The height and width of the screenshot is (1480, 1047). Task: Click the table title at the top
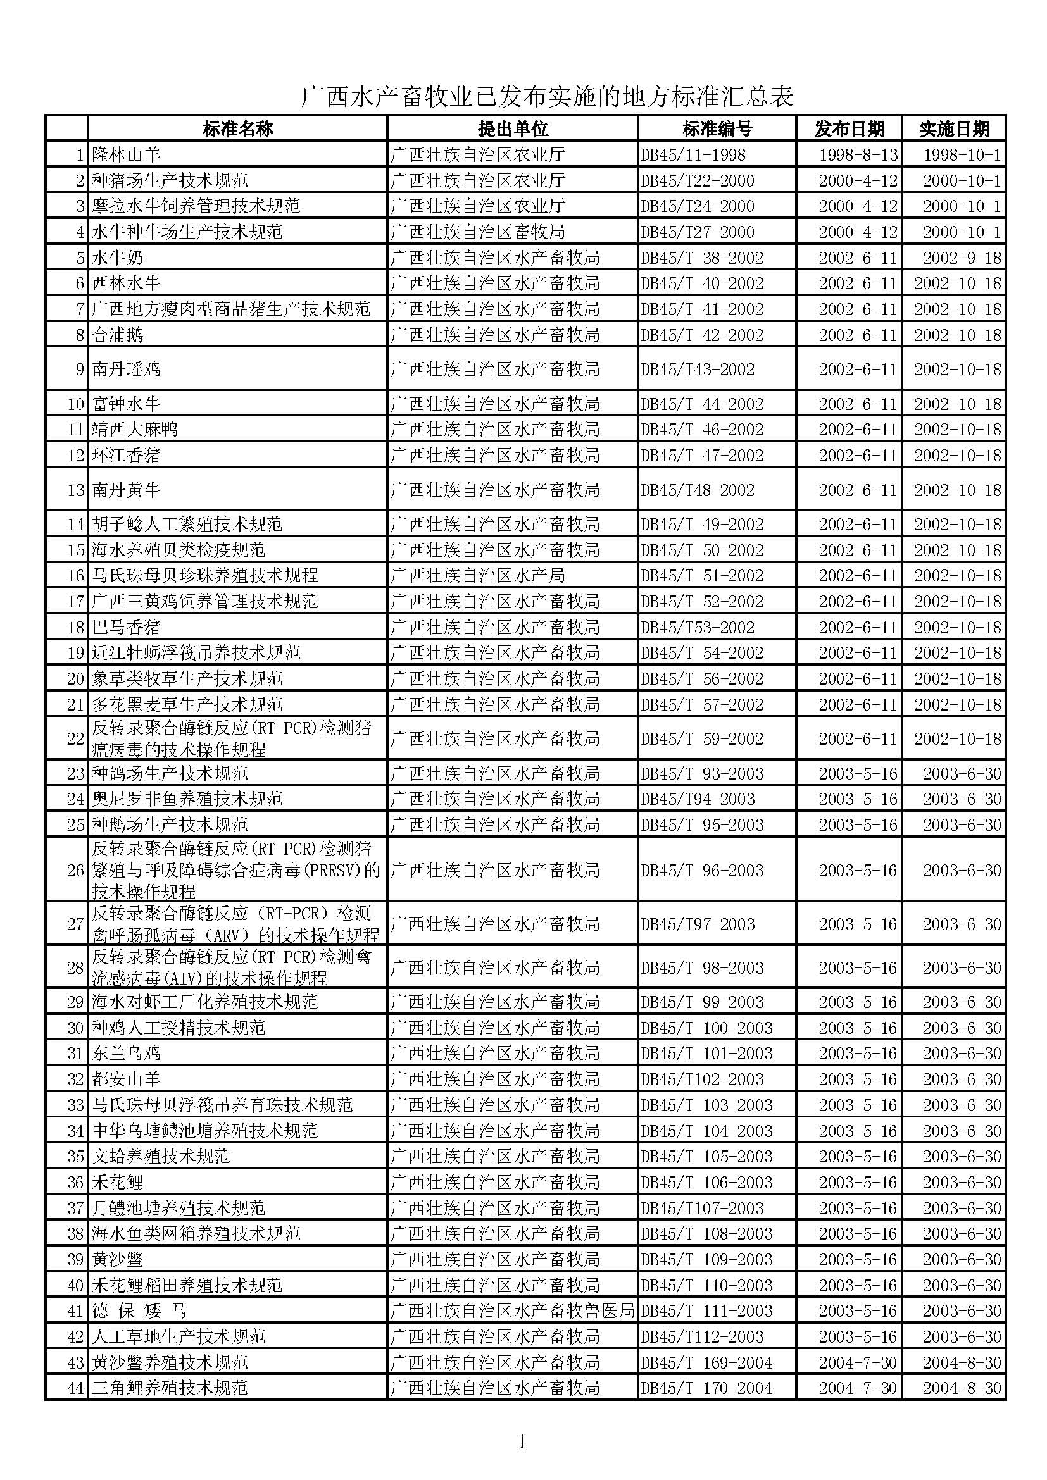[x=548, y=97]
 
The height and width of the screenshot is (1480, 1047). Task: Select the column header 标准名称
[x=238, y=129]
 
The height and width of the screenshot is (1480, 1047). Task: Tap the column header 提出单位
[x=513, y=129]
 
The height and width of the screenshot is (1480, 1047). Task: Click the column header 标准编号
[x=717, y=129]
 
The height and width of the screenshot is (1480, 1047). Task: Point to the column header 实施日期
[x=954, y=129]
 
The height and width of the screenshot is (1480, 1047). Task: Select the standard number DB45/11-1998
[x=693, y=154]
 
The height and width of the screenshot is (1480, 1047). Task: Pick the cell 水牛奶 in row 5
[x=118, y=258]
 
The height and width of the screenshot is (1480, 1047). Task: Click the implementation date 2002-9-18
[x=962, y=258]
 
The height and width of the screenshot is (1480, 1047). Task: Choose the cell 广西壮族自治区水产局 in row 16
[x=478, y=575]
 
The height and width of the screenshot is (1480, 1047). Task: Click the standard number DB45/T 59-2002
[x=702, y=738]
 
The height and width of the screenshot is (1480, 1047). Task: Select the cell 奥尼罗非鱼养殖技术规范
[x=187, y=799]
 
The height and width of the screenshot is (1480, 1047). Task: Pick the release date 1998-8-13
[x=858, y=154]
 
